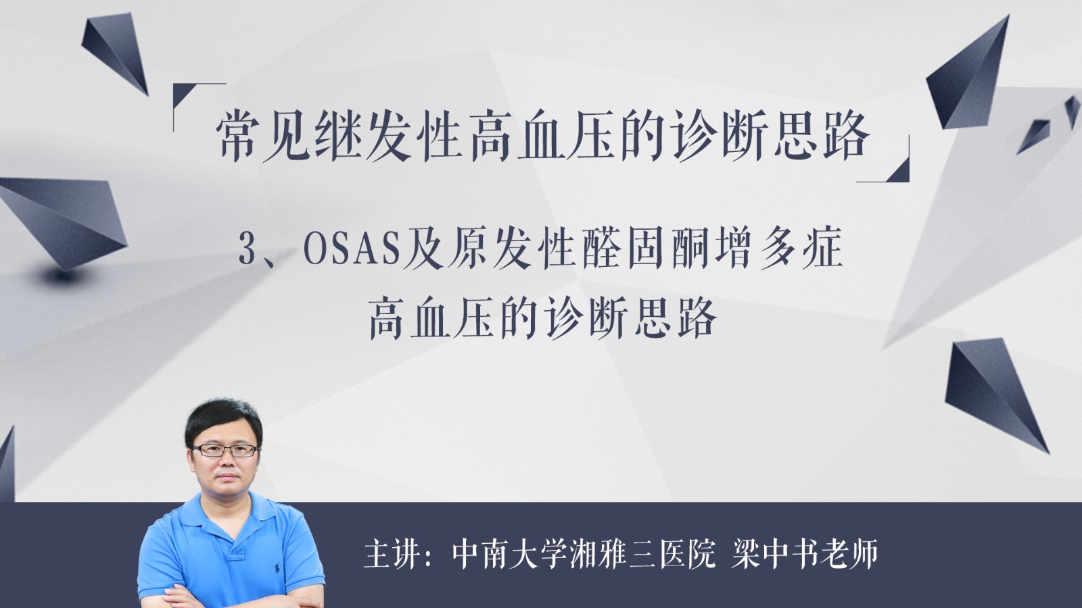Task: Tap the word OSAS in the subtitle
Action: pos(352,251)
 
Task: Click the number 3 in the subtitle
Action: pos(247,251)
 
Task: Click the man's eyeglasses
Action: pos(225,450)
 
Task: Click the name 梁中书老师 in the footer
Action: pos(805,554)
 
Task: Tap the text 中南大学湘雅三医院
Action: pos(584,554)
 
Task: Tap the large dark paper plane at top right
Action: pos(971,75)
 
